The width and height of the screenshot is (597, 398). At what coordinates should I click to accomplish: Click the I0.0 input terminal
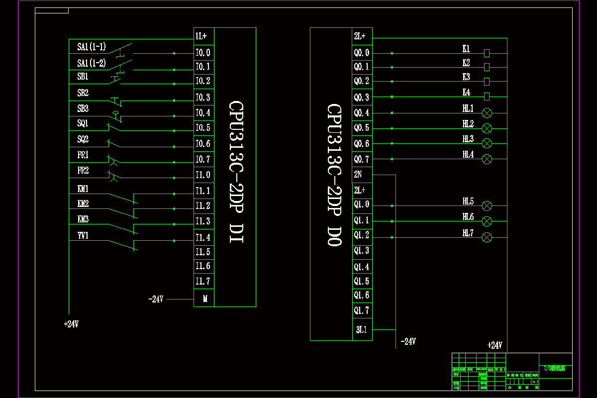point(203,52)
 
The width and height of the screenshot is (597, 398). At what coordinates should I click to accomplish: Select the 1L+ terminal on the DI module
point(203,36)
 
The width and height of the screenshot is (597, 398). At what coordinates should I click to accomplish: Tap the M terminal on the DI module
point(204,299)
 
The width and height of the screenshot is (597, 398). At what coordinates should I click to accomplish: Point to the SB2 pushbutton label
point(83,93)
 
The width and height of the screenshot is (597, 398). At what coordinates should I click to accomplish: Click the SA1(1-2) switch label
point(91,63)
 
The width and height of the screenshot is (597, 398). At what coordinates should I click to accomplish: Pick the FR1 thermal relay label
point(83,155)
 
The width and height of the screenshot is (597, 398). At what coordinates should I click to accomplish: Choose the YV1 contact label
point(83,235)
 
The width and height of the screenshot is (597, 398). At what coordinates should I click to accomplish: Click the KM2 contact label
point(83,204)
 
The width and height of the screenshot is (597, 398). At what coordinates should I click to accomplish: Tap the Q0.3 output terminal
point(362,98)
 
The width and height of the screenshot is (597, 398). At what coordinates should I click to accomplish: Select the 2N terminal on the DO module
point(358,175)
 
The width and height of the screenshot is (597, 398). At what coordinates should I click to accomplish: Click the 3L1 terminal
point(361,329)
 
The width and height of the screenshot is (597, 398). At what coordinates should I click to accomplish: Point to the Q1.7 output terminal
point(362,310)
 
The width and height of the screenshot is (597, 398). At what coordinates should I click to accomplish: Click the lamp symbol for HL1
point(487,113)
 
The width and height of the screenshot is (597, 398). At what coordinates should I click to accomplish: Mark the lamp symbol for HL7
point(487,237)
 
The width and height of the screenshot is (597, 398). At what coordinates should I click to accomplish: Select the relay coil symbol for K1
point(487,53)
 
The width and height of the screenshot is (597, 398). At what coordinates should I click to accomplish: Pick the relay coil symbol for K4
point(487,96)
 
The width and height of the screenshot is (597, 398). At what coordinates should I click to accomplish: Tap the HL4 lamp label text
point(468,155)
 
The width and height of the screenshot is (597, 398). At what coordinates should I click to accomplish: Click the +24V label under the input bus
point(72,324)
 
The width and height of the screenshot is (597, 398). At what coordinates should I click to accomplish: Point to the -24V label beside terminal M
point(156,299)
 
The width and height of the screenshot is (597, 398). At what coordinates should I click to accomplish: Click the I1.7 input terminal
point(203,281)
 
